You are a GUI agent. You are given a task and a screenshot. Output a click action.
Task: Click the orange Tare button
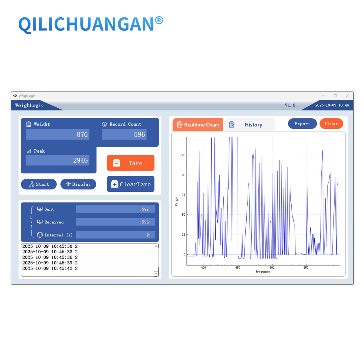tap(130, 163)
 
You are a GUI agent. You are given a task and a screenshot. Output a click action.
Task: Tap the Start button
tap(39, 184)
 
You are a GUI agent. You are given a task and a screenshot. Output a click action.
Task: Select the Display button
tap(78, 184)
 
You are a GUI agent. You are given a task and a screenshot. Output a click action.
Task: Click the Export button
tap(302, 124)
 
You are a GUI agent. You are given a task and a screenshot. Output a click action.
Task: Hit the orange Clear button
tap(331, 124)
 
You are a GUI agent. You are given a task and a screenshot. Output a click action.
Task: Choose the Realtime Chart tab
tap(198, 125)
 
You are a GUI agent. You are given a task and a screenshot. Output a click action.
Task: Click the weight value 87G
tap(82, 135)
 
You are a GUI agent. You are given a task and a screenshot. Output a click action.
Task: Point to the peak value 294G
tap(80, 160)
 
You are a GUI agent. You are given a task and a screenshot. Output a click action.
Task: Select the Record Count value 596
tap(139, 135)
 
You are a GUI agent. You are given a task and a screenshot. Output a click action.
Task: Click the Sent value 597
tap(145, 209)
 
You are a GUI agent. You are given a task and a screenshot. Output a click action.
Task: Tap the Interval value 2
tap(148, 235)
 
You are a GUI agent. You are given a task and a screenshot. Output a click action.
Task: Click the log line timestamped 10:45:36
tap(50, 257)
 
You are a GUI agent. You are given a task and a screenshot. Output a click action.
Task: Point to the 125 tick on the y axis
tap(183, 155)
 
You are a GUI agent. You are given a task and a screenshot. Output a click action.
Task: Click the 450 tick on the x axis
tap(238, 268)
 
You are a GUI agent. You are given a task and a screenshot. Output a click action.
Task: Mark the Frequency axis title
tap(263, 272)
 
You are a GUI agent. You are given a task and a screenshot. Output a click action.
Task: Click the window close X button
tap(347, 96)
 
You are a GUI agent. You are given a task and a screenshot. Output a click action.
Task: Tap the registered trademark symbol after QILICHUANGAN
tap(159, 20)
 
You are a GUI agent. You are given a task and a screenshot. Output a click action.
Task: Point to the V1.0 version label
tap(290, 105)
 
